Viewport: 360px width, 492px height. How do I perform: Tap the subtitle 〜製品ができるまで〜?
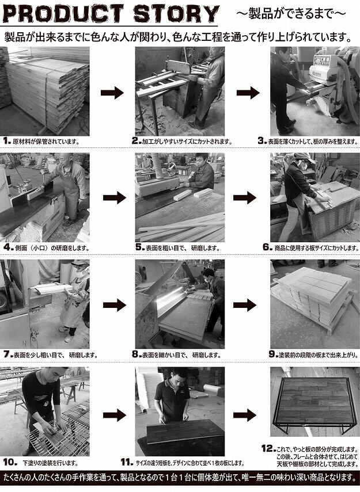(x=291, y=13)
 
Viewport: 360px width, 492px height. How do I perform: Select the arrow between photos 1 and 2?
(x=112, y=93)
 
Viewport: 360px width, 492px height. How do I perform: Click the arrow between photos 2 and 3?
(x=248, y=93)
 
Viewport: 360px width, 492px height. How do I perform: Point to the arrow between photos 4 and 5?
(x=115, y=198)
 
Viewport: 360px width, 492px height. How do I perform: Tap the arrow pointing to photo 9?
(x=245, y=304)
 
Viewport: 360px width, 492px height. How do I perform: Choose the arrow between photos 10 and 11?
(x=115, y=415)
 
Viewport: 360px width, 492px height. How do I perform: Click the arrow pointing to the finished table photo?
(x=245, y=415)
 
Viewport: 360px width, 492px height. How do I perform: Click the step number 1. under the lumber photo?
(x=7, y=140)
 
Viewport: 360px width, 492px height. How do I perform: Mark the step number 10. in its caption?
(x=10, y=462)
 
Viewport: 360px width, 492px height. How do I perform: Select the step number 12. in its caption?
(x=268, y=448)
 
